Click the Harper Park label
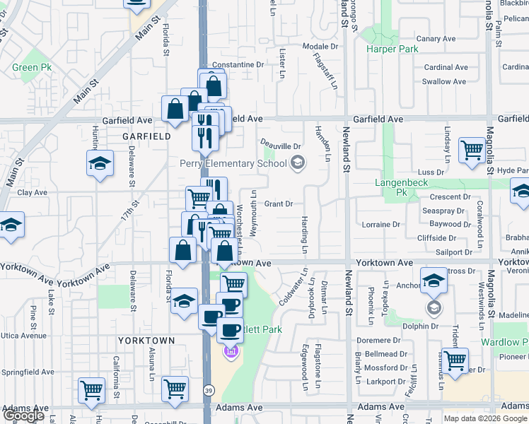click(x=392, y=49)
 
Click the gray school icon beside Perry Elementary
click(x=298, y=164)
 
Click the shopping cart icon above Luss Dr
click(x=471, y=150)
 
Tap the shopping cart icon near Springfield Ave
click(x=91, y=390)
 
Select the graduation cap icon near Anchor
click(x=434, y=281)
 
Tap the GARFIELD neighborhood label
click(x=146, y=136)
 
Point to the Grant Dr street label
click(x=279, y=204)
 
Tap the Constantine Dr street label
click(x=238, y=64)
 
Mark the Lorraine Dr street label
click(x=380, y=225)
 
